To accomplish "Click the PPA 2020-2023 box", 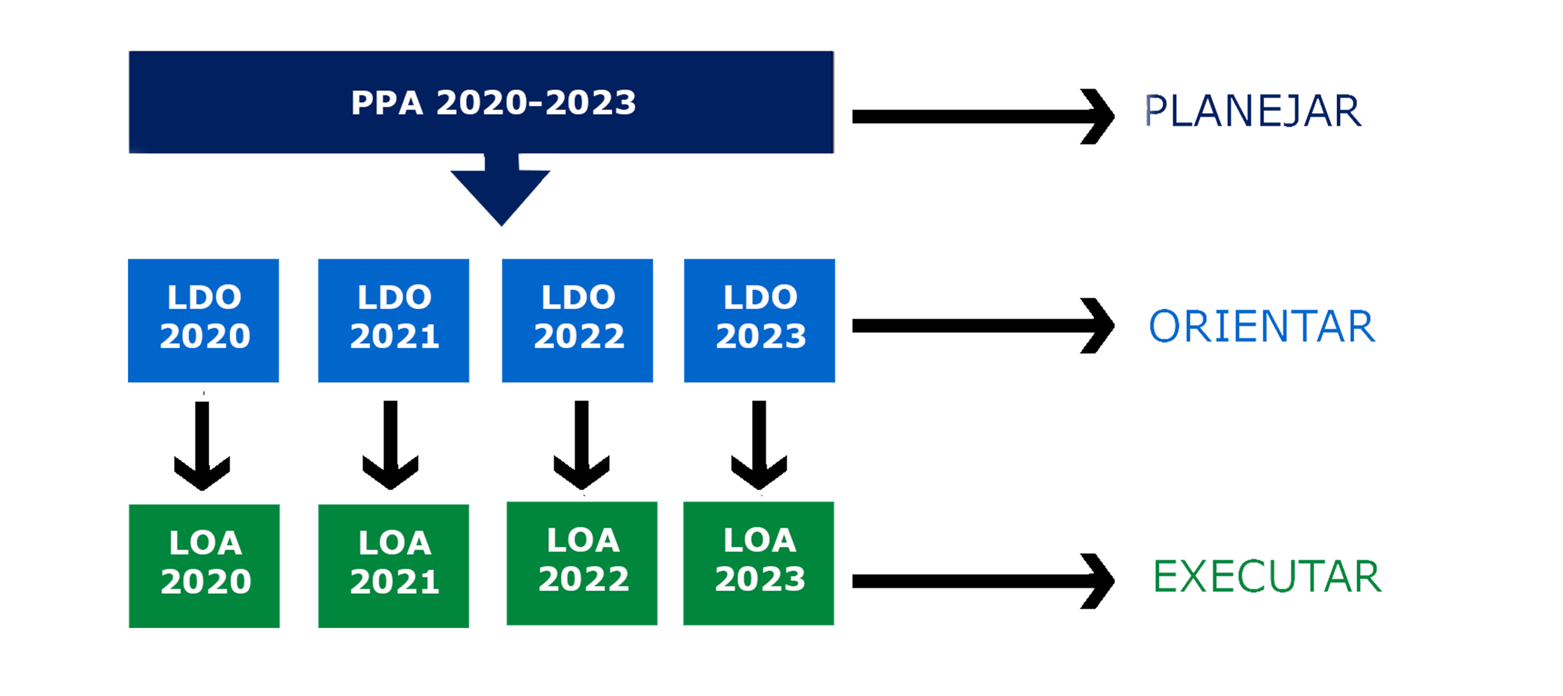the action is [481, 102].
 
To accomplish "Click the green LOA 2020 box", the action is [204, 565].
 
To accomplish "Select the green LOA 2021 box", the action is [393, 565].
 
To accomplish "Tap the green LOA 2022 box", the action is [582, 563].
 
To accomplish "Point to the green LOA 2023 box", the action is [758, 563].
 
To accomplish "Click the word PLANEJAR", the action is [1253, 112].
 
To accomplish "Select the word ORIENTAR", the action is [1262, 326].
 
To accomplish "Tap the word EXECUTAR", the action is [1267, 576].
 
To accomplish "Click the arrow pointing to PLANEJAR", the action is [983, 117].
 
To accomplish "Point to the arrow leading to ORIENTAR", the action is [983, 326].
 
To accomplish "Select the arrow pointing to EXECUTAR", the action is [983, 582].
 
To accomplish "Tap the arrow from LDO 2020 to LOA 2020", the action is [202, 446].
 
